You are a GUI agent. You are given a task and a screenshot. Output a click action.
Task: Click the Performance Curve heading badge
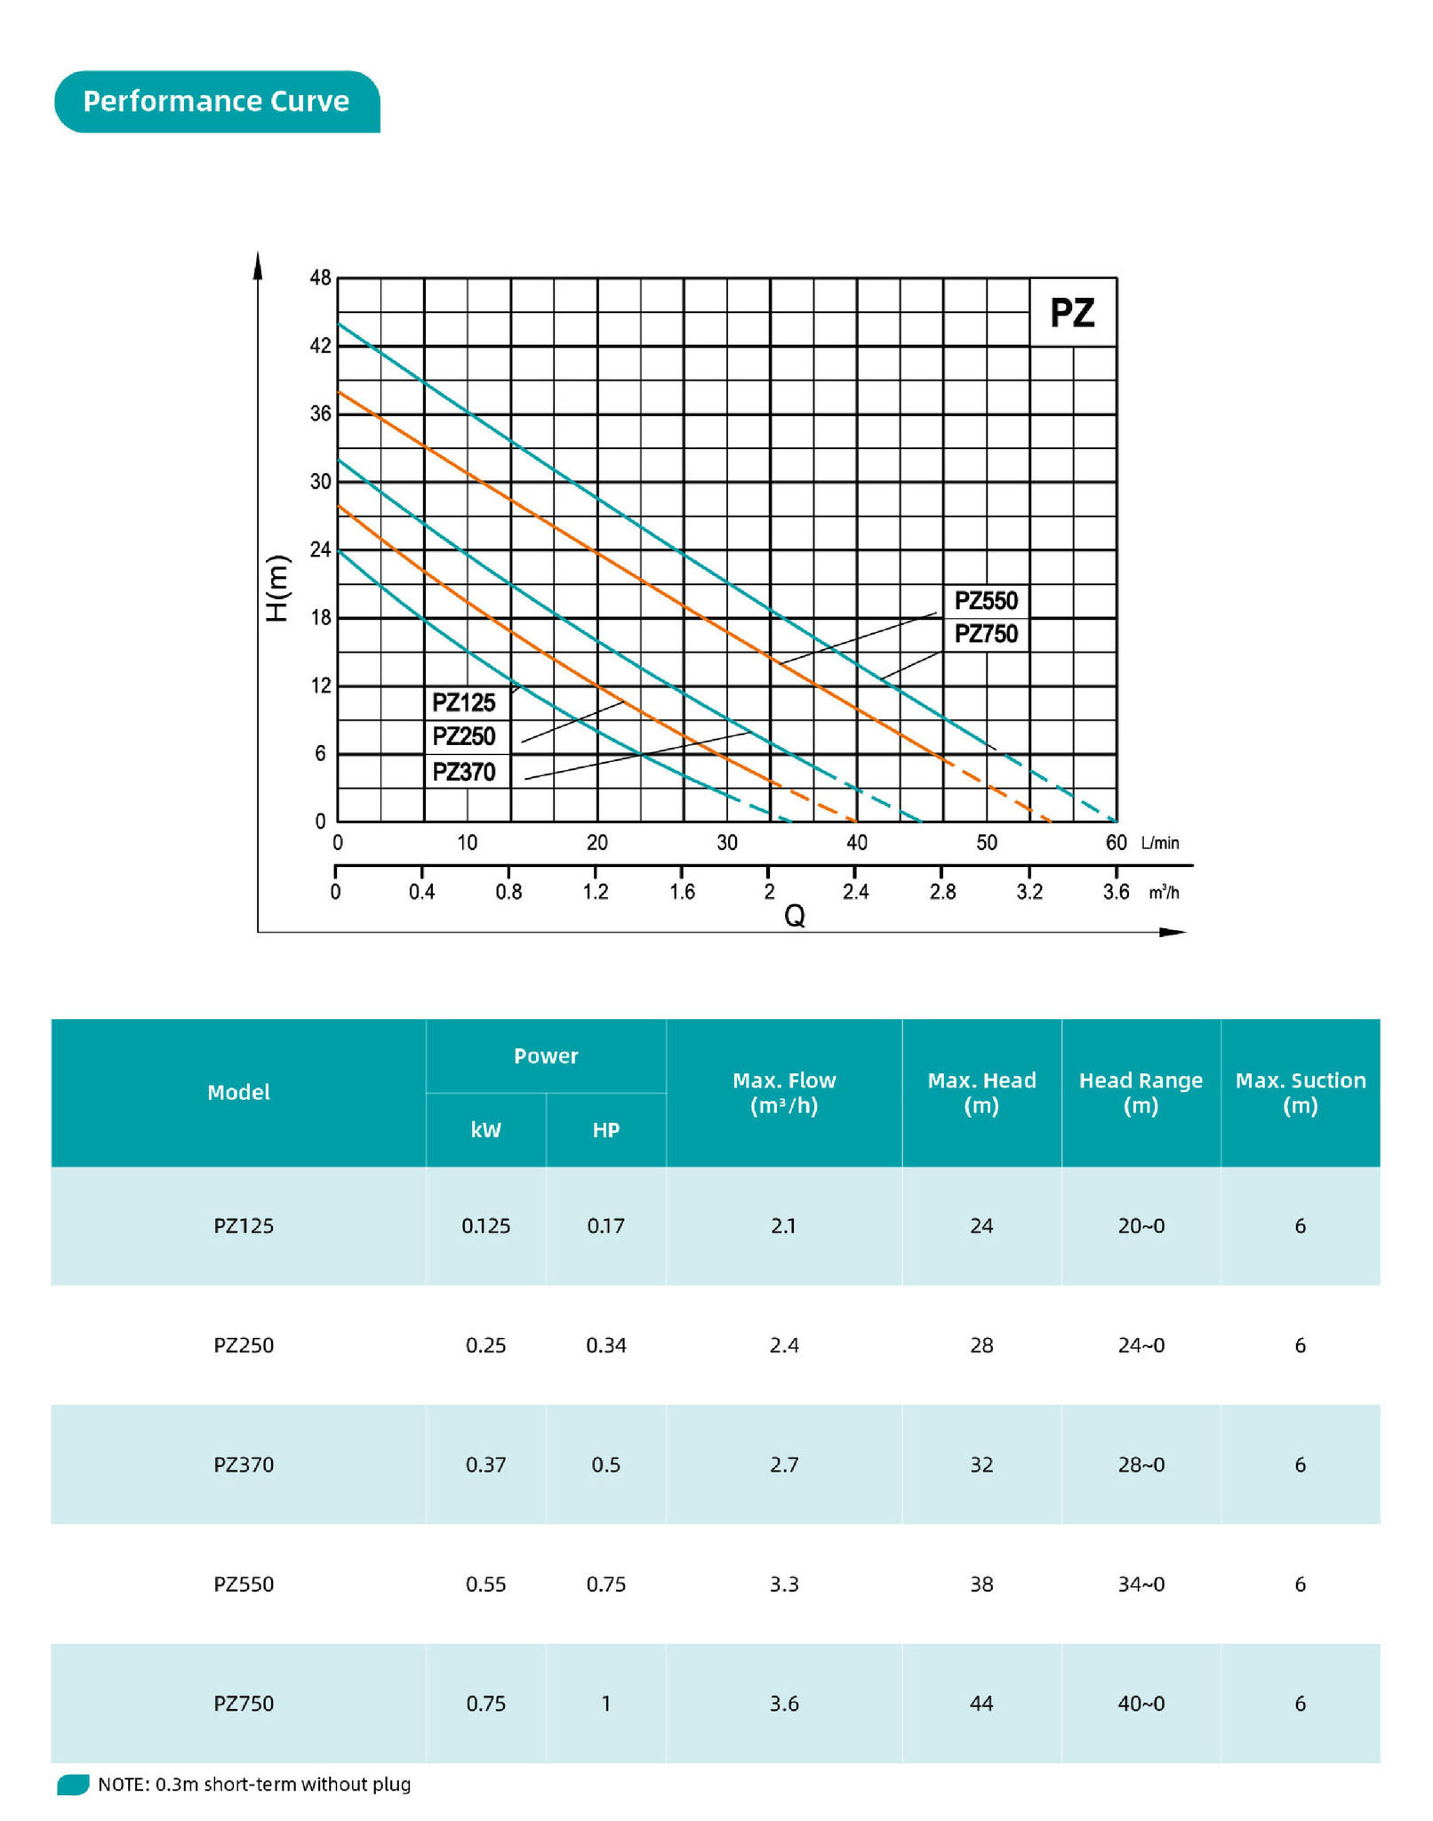[x=216, y=101]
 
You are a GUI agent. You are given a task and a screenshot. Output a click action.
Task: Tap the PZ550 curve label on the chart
[x=986, y=601]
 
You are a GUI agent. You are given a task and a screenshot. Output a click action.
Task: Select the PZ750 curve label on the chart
[x=986, y=634]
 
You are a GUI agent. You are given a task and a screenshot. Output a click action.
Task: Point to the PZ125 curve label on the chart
[x=463, y=703]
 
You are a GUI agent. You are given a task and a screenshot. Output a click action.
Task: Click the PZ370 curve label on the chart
[x=463, y=772]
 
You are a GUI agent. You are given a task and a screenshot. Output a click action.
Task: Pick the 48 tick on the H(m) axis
[x=320, y=278]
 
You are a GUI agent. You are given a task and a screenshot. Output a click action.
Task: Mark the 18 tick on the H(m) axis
[x=320, y=618]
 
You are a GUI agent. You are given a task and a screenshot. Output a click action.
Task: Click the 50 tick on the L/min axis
[x=986, y=843]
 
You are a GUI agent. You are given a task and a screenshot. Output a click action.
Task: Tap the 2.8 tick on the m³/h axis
[x=942, y=892]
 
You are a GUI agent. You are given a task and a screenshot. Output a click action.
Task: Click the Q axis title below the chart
[x=794, y=916]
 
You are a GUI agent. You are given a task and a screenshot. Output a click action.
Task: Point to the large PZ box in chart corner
[x=1072, y=313]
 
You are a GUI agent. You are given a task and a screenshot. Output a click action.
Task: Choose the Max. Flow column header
[x=784, y=1093]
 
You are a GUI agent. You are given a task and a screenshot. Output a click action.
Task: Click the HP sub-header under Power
[x=605, y=1130]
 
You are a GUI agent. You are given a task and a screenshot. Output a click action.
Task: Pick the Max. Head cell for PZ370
[x=981, y=1464]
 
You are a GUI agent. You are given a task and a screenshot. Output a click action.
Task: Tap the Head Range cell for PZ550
[x=1141, y=1584]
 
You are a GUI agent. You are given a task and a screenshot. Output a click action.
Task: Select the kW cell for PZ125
[x=485, y=1226]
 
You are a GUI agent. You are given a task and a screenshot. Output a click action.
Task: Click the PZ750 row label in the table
[x=244, y=1704]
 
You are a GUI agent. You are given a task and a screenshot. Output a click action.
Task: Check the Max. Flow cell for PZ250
[x=784, y=1345]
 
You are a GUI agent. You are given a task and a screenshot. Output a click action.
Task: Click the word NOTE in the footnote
[x=121, y=1785]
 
